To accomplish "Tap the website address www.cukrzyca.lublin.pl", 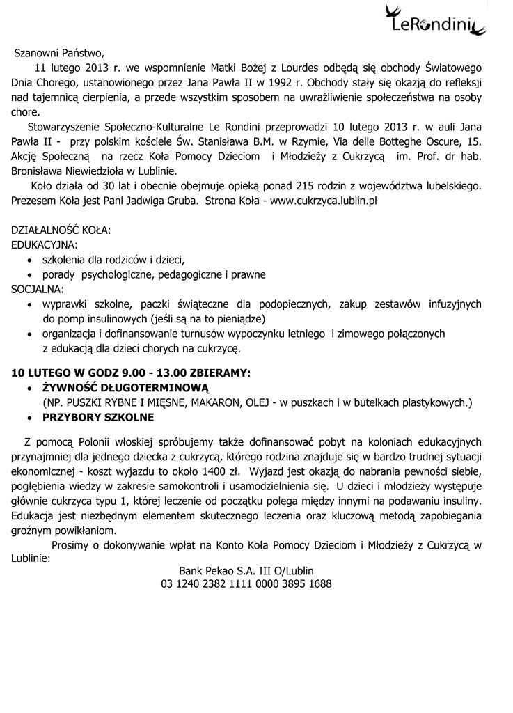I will (323, 201).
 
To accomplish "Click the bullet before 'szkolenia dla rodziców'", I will (29, 260).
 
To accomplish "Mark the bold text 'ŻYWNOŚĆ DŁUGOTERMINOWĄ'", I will (125, 387).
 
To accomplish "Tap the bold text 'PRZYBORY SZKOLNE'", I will (98, 418).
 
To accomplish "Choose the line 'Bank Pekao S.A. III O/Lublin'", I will (246, 570).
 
